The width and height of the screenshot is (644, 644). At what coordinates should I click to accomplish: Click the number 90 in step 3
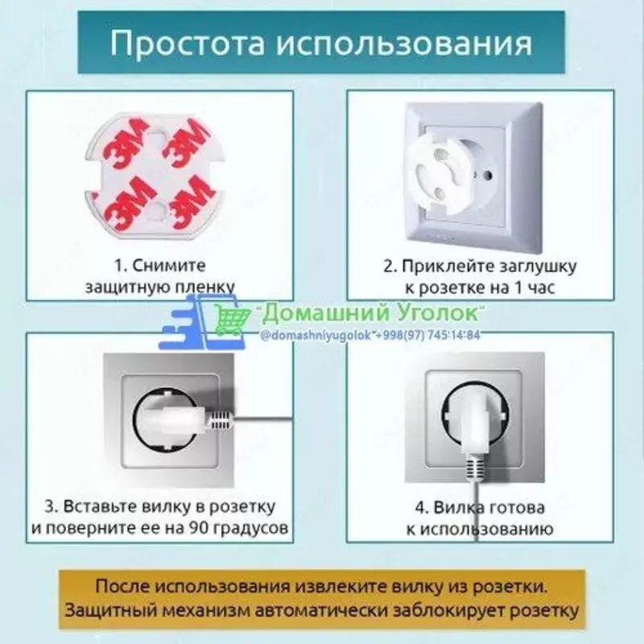[198, 529]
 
